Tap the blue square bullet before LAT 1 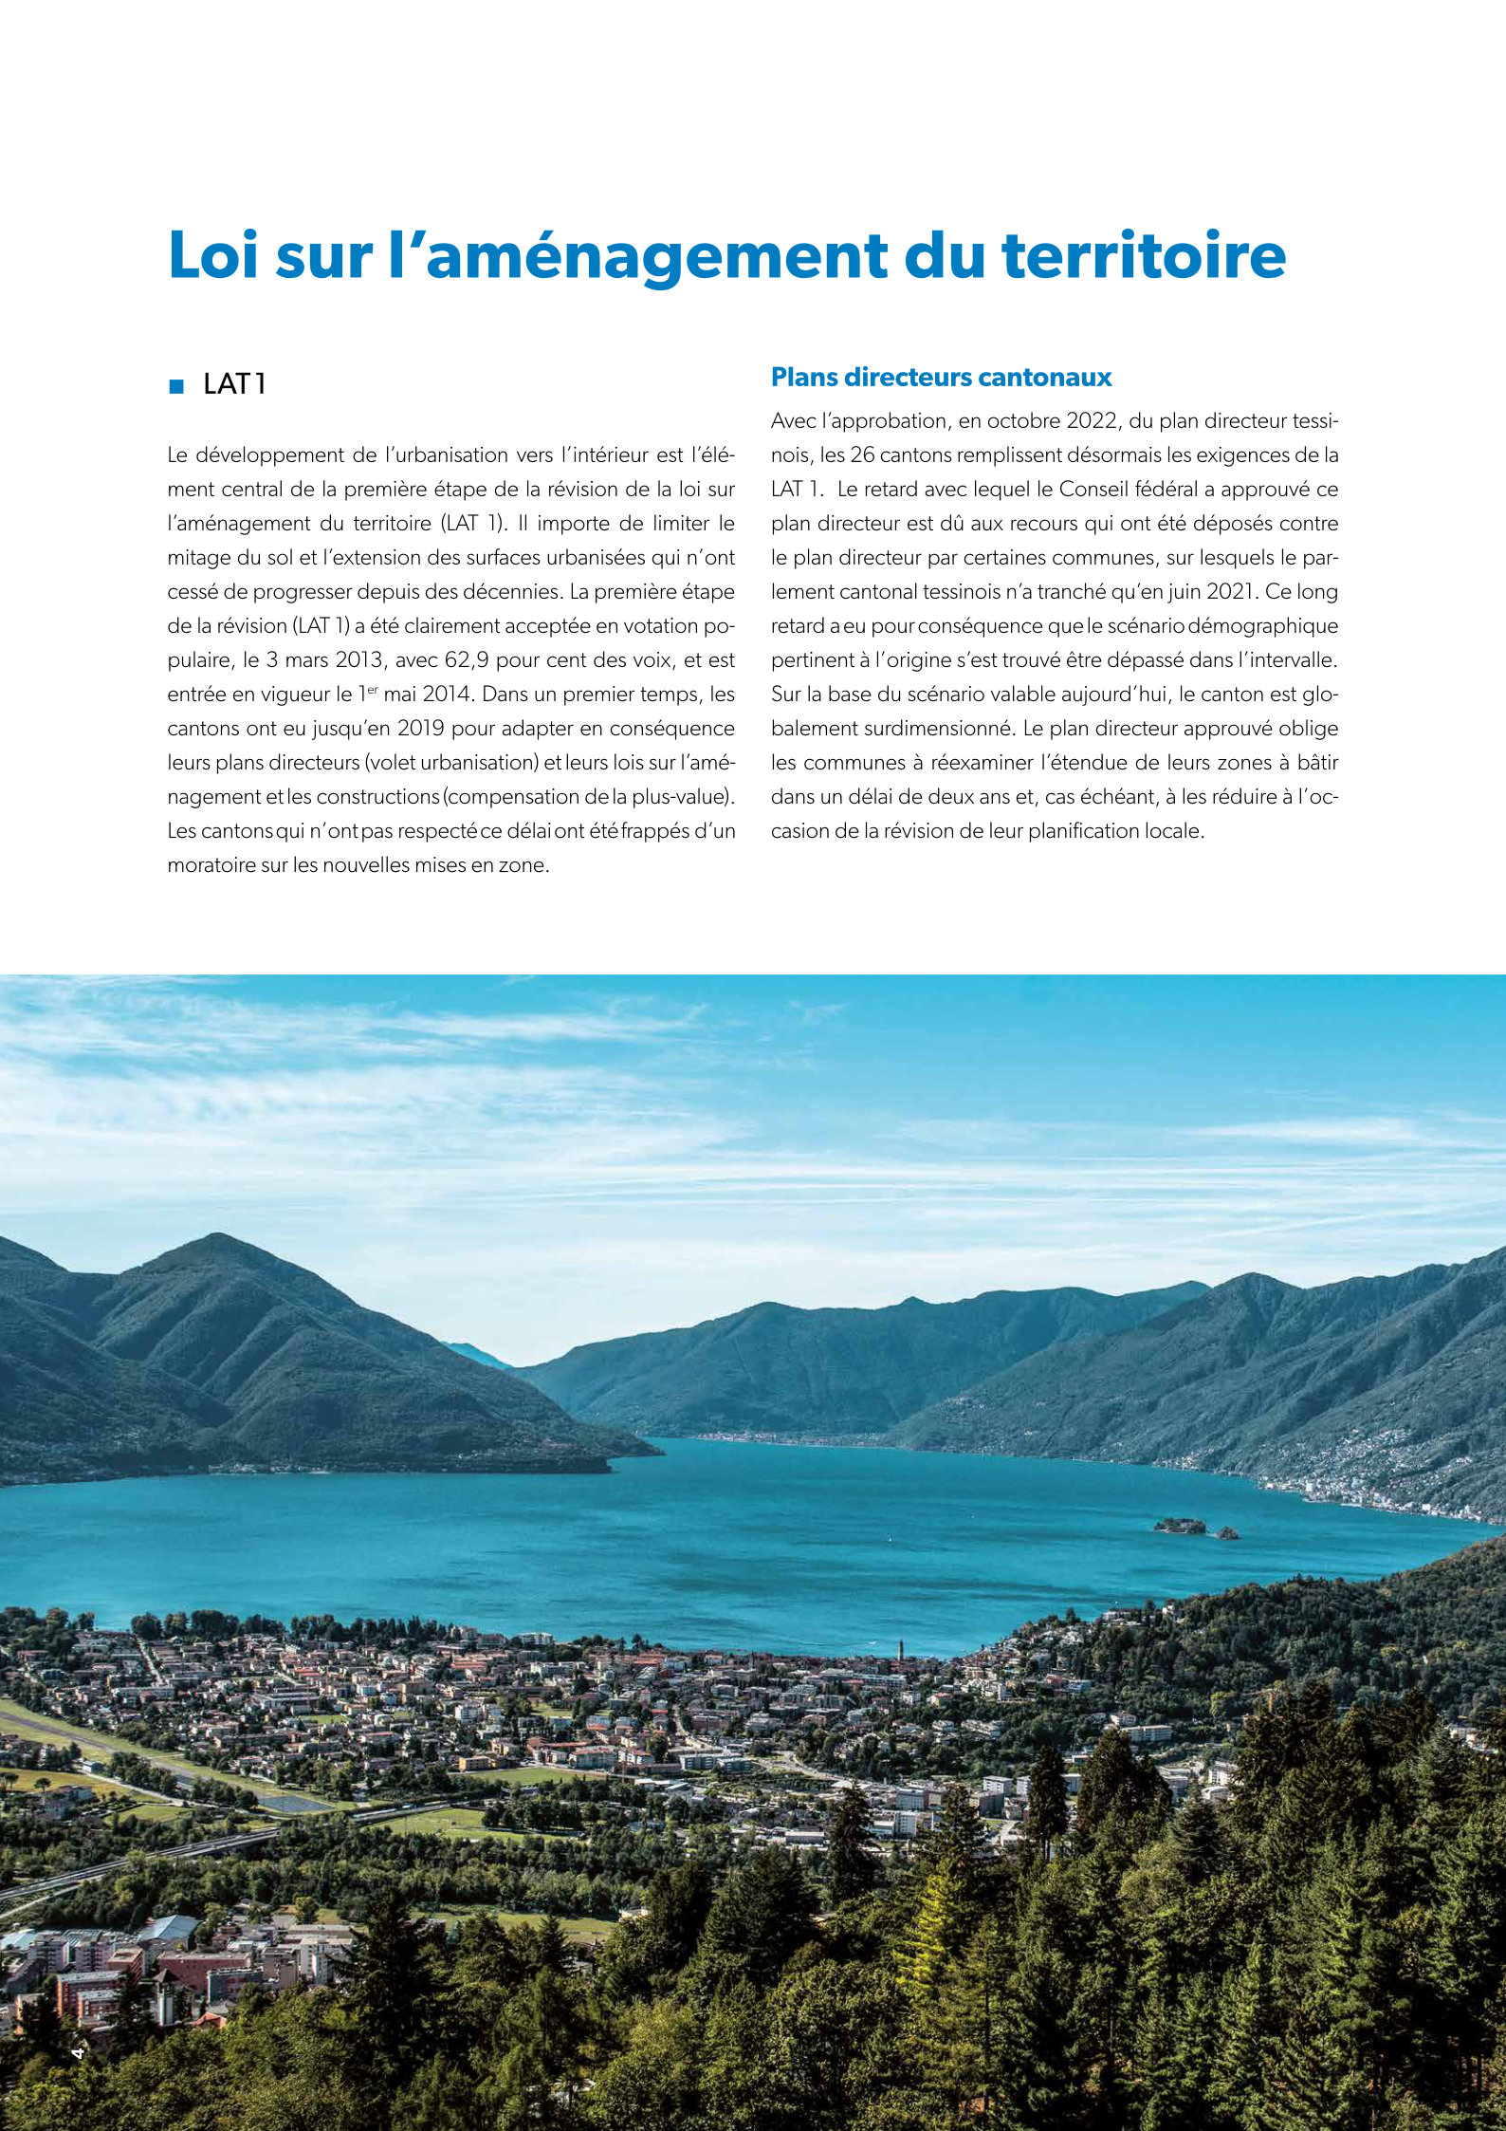pyautogui.click(x=175, y=386)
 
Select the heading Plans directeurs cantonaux pyautogui.click(x=941, y=378)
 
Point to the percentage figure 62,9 pyautogui.click(x=465, y=660)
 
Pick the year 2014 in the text pyautogui.click(x=448, y=695)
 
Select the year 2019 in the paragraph pyautogui.click(x=419, y=729)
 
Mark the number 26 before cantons pyautogui.click(x=862, y=455)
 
